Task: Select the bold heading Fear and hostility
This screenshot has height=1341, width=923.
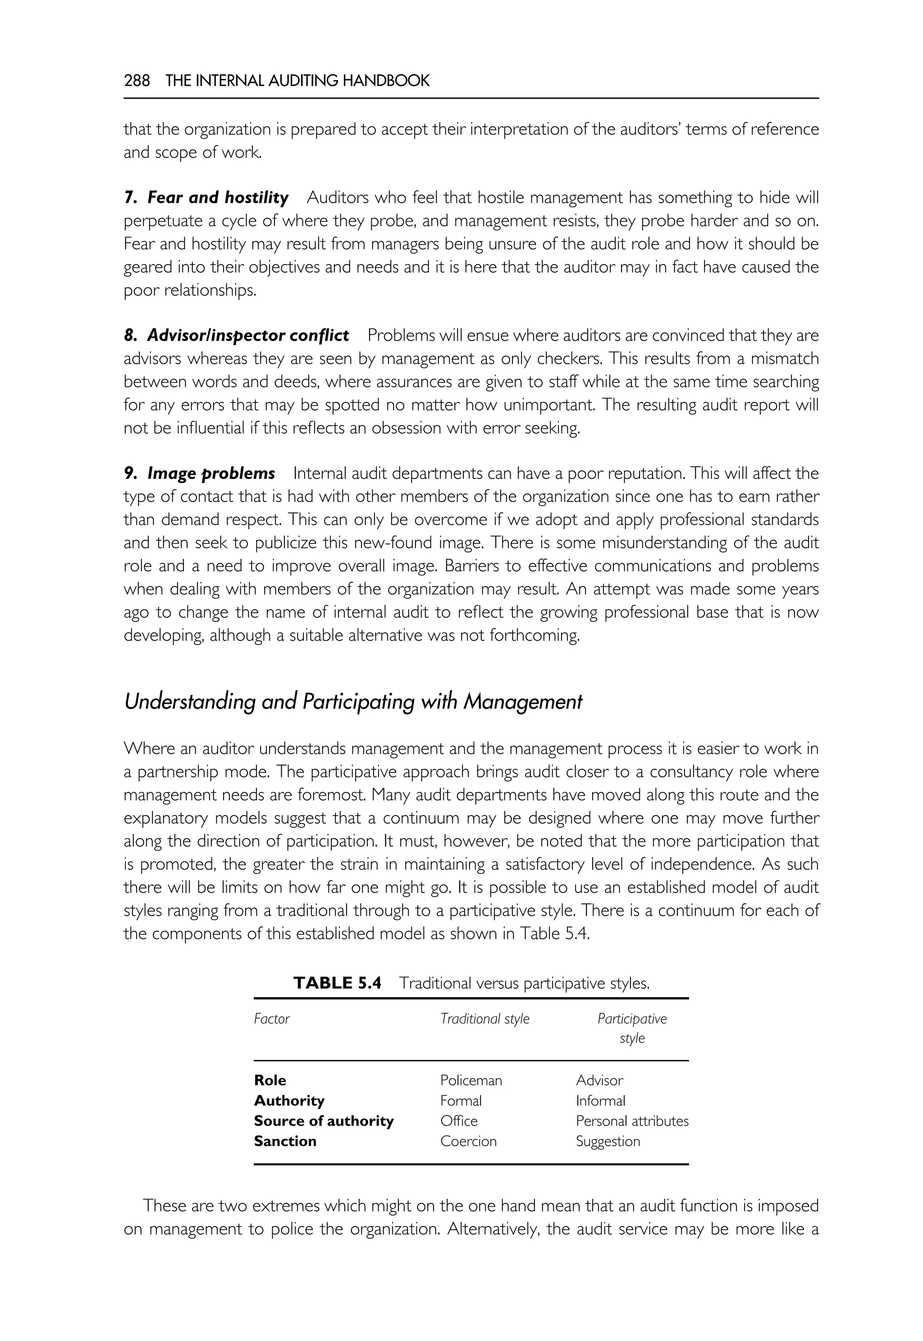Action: click(x=217, y=198)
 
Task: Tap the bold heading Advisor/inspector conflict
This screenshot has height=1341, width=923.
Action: click(x=247, y=335)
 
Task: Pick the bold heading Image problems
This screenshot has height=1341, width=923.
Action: click(x=211, y=474)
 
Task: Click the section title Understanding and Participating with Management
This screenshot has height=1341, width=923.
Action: click(x=353, y=702)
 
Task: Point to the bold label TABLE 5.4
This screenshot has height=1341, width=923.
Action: click(x=337, y=983)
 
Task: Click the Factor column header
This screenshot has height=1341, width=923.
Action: click(x=271, y=1019)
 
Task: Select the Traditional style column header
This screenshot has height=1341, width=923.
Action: click(x=484, y=1019)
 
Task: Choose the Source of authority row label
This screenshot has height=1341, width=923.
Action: click(x=323, y=1121)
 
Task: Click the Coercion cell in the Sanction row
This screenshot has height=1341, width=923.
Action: click(x=468, y=1141)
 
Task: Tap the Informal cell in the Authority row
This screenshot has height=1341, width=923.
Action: click(x=600, y=1101)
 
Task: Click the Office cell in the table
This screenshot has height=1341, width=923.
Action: click(x=459, y=1121)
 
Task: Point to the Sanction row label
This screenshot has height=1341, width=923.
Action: click(x=285, y=1141)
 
